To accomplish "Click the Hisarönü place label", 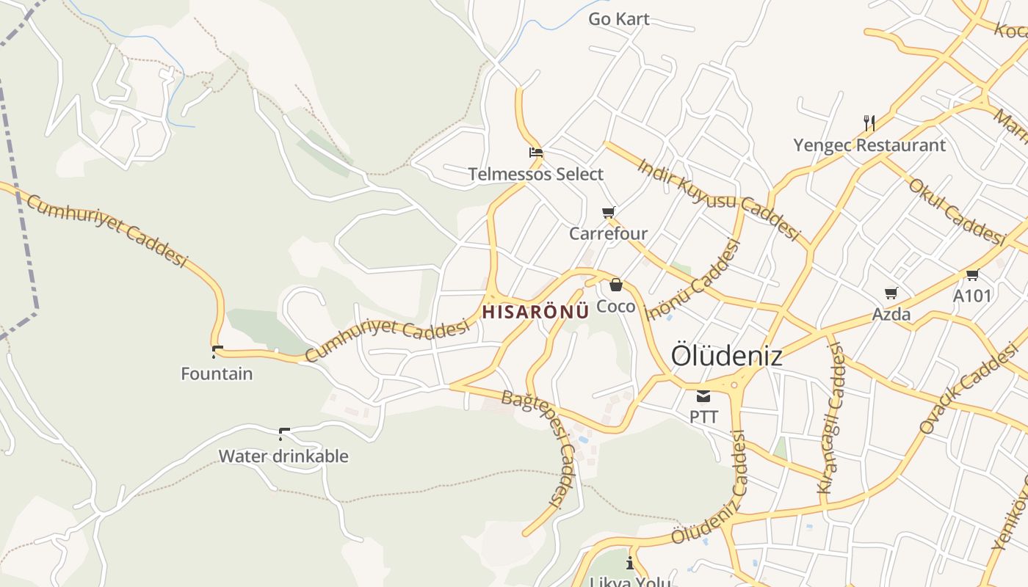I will point(535,311).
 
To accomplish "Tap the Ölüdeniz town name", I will point(726,356).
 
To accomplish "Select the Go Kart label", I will point(619,19).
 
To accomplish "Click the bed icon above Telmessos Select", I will point(536,153).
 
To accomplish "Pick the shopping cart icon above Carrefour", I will point(608,213).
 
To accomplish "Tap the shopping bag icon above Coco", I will point(616,285).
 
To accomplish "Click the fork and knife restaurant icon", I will point(869,123).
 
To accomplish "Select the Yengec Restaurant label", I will point(869,145).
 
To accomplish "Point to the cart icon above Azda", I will point(891,293).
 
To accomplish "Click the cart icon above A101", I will point(973,275).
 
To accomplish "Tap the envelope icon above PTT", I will point(703,397).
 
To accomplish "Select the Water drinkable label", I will point(283,456).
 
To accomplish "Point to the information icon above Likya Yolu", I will point(629,564).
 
